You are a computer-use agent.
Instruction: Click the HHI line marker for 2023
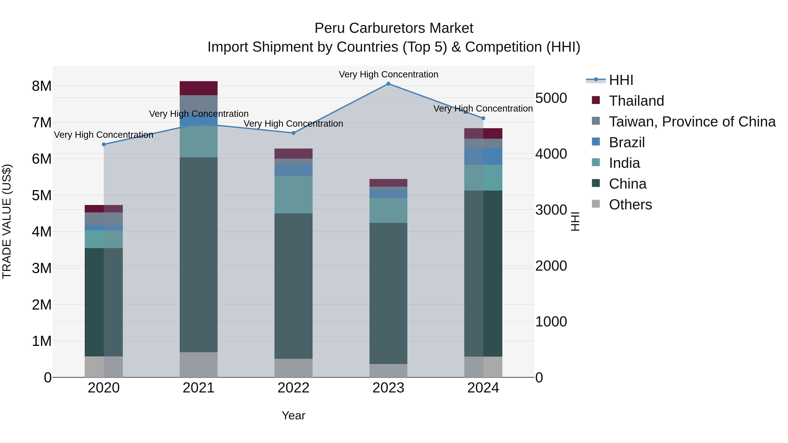pos(388,84)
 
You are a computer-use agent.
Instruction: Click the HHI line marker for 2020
pos(104,144)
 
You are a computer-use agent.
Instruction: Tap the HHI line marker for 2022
pos(293,133)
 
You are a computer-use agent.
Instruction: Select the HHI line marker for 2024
pos(483,118)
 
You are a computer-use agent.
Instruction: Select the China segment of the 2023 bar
pos(388,294)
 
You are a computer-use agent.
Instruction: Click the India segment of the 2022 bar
pos(293,194)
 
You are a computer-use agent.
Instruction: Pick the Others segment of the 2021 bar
pos(199,364)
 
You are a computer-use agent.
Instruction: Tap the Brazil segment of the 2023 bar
pos(388,194)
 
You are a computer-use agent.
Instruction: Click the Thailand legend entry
pos(636,101)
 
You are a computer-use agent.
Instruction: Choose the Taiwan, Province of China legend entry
pos(692,122)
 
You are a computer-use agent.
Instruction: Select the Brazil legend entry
pos(626,142)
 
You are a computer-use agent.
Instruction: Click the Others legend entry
pos(630,205)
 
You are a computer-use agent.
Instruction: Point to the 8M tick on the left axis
pos(42,86)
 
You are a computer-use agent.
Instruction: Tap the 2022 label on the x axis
pos(293,388)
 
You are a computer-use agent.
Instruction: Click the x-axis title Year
pos(293,415)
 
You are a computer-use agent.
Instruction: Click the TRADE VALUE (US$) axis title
pos(7,221)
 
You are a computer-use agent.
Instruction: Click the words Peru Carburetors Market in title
pos(394,28)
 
